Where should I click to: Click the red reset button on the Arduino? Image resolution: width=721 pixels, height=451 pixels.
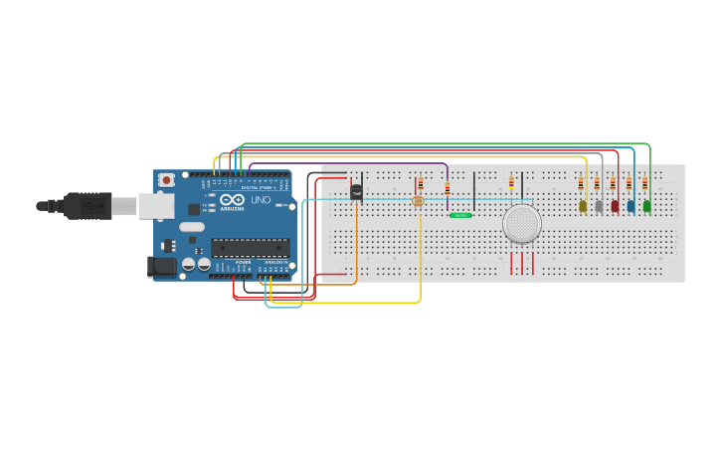click(166, 180)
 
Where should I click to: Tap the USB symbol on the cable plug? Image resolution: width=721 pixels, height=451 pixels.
click(90, 206)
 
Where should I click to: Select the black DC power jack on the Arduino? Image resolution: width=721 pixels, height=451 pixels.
click(160, 266)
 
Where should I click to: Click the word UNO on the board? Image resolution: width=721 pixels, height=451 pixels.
click(260, 200)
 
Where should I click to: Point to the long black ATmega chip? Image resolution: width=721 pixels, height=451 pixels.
click(250, 248)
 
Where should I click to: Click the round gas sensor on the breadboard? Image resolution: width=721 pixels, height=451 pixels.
click(522, 223)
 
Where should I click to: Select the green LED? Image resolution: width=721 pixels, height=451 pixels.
click(646, 206)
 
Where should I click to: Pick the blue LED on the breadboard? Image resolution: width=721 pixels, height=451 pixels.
click(631, 206)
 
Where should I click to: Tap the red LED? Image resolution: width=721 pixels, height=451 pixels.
click(615, 206)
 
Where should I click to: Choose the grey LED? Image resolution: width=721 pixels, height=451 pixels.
click(599, 206)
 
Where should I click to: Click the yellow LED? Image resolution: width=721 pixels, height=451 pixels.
click(583, 206)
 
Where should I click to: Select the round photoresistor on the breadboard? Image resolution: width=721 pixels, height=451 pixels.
click(417, 201)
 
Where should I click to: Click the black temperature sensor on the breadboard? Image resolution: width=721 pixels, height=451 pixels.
click(356, 192)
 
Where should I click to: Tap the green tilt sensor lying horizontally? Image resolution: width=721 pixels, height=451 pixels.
click(460, 214)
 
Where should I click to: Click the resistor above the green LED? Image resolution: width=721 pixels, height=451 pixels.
click(644, 183)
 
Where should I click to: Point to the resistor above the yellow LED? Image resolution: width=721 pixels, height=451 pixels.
click(581, 183)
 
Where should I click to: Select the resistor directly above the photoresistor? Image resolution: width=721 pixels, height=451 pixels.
click(420, 183)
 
